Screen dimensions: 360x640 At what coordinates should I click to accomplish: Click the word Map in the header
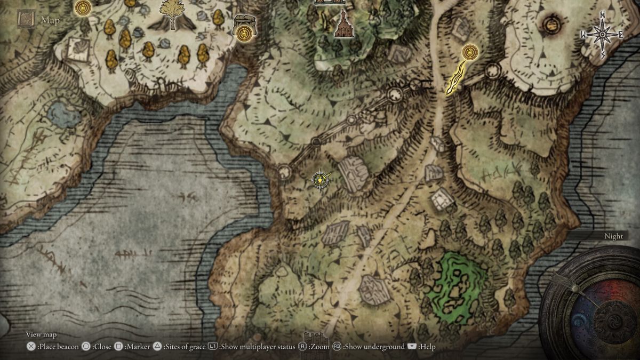pos(51,21)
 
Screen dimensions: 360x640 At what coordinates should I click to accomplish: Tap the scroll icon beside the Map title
pos(26,20)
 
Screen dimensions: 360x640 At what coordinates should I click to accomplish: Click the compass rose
pos(602,35)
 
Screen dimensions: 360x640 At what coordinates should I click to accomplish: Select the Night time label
pos(613,236)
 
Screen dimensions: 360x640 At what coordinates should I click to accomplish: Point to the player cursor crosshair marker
pos(319,180)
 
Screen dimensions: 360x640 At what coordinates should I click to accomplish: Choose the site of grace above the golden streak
pos(470,52)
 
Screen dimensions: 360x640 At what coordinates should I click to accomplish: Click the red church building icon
pos(344,24)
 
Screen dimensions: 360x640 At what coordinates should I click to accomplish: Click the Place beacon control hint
pos(53,347)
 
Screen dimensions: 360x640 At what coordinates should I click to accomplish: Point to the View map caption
pos(41,334)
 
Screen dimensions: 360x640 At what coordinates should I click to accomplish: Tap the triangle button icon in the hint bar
pos(157,347)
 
